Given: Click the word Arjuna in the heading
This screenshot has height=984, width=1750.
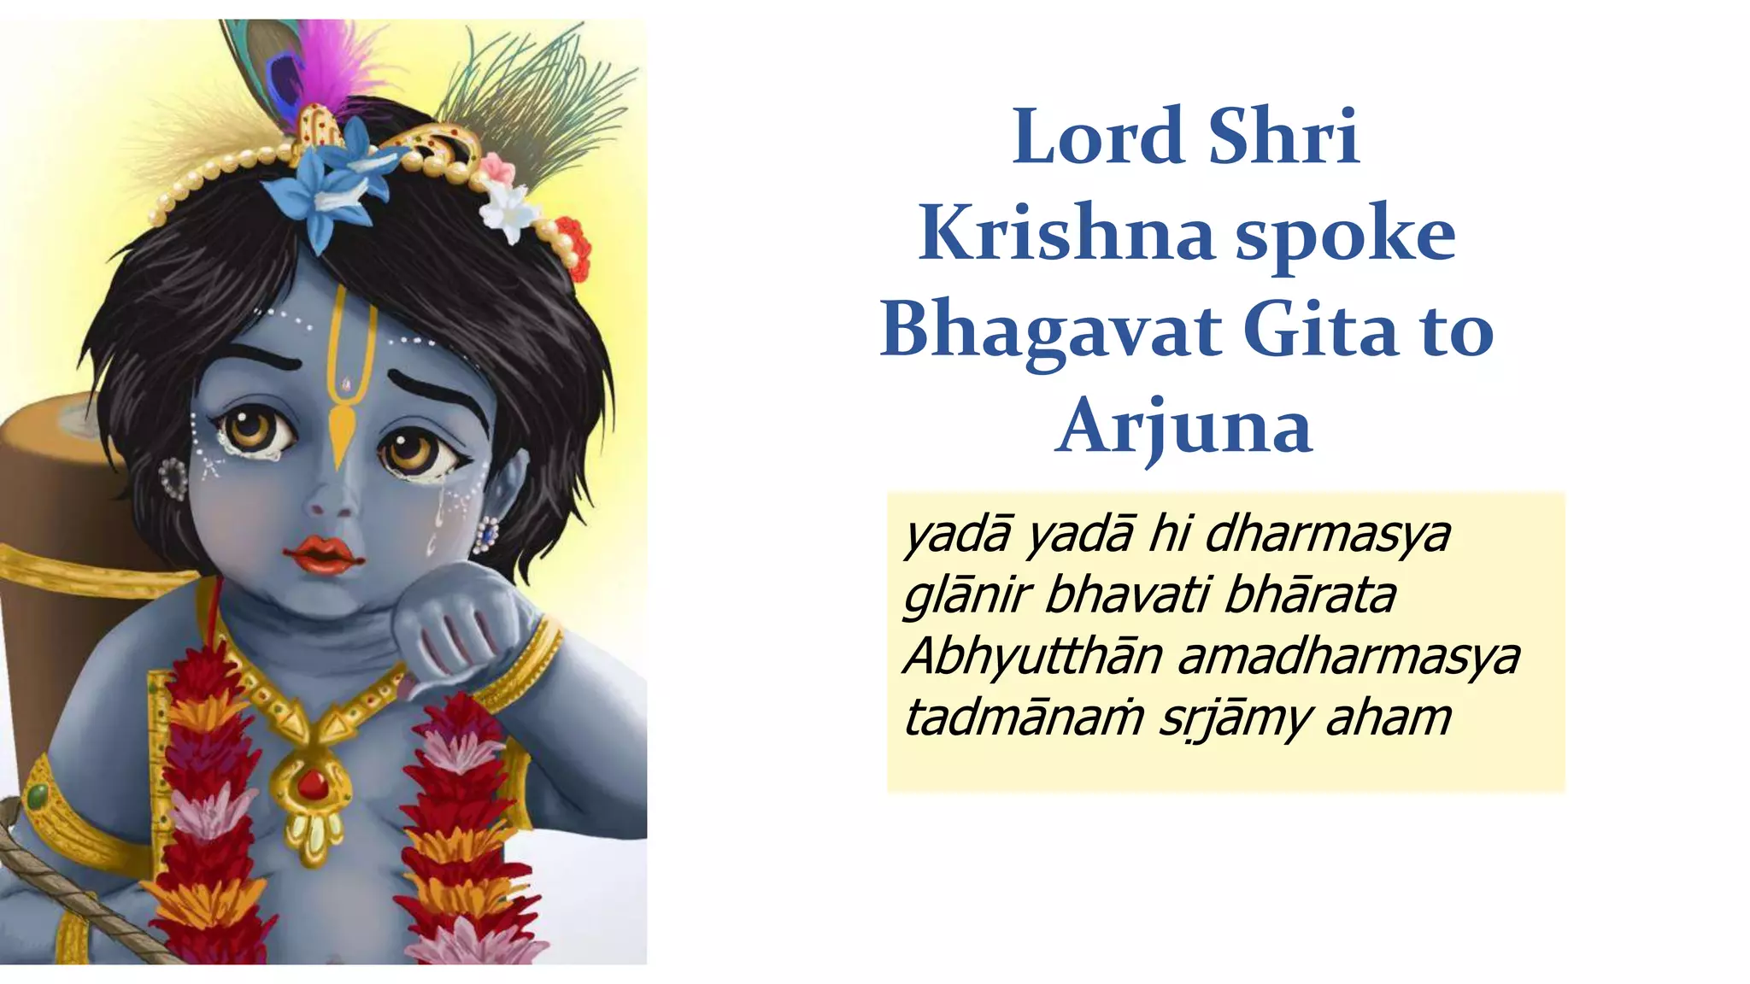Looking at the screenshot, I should (x=1183, y=427).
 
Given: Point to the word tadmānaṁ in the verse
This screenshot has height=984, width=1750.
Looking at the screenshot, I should (x=1023, y=717).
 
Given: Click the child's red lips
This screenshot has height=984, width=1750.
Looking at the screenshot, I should (x=324, y=553).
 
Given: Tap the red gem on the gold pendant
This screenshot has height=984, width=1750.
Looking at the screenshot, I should (x=312, y=783).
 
